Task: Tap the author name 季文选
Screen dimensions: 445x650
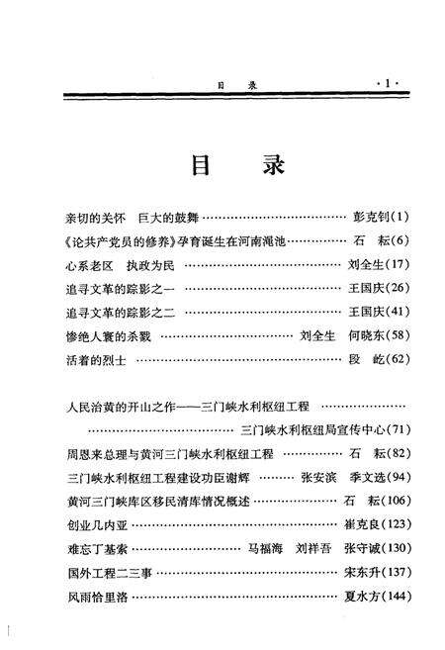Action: tap(363, 477)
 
